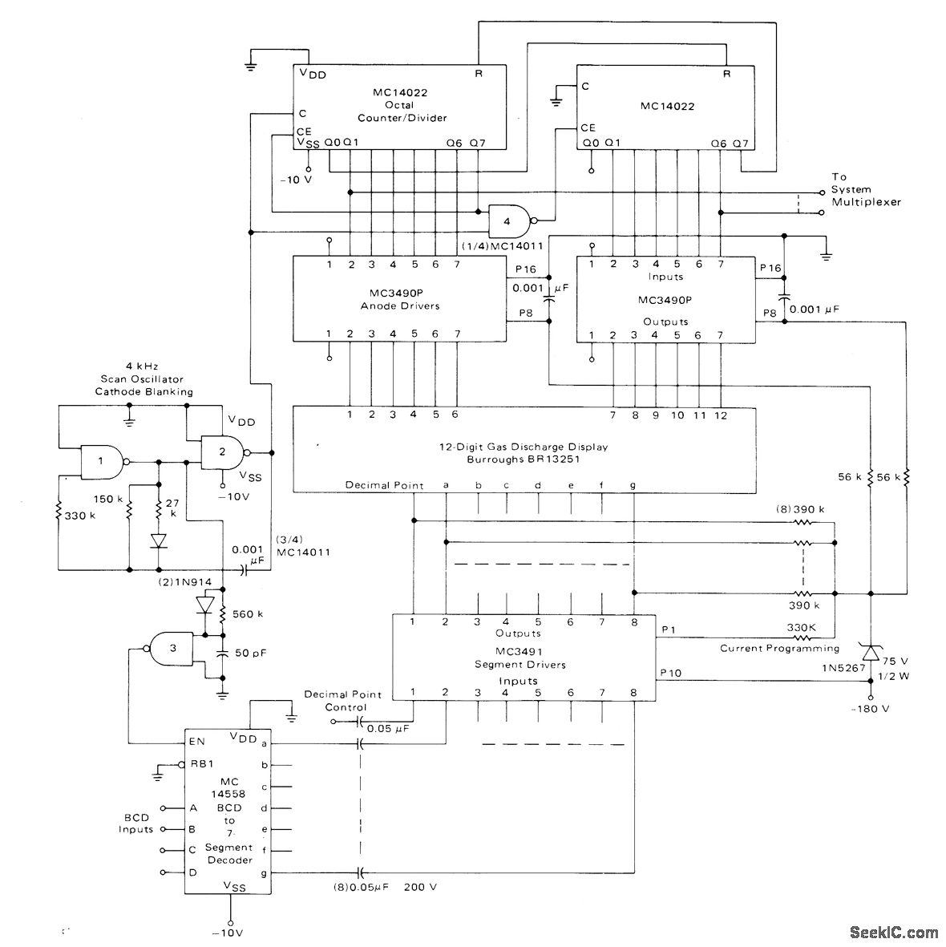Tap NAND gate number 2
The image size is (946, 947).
(222, 451)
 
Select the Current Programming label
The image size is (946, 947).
(779, 648)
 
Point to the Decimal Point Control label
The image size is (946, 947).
(343, 700)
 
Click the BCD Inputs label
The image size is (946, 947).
(136, 823)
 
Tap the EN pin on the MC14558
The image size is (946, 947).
(196, 742)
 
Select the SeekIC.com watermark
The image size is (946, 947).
(893, 932)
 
